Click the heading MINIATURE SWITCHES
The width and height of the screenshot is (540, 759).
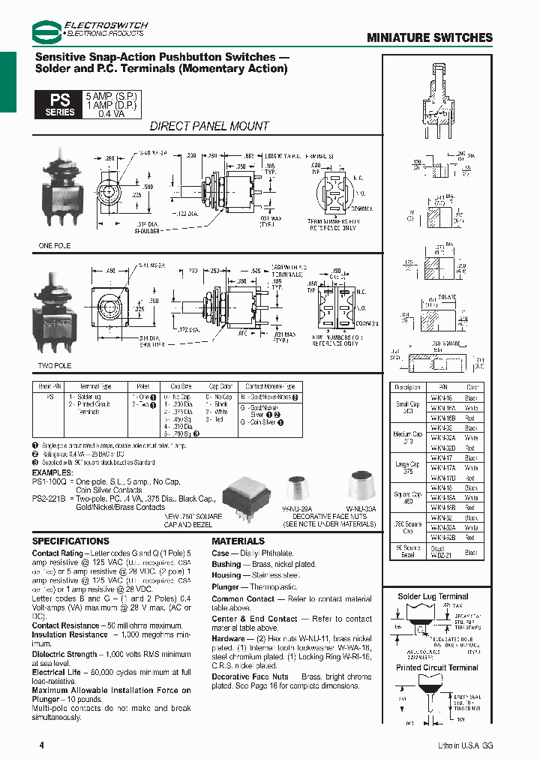pyautogui.click(x=430, y=37)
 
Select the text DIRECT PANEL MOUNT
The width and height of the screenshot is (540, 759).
pyautogui.click(x=209, y=126)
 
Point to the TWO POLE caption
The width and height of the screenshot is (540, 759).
pyautogui.click(x=55, y=366)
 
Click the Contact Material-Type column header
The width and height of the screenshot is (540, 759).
pyautogui.click(x=270, y=386)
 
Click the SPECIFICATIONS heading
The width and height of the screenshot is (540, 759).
pyautogui.click(x=70, y=541)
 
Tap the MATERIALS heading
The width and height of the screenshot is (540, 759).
pyautogui.click(x=238, y=541)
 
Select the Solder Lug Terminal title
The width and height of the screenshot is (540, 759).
pyautogui.click(x=433, y=597)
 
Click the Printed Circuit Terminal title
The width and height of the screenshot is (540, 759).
pyautogui.click(x=437, y=667)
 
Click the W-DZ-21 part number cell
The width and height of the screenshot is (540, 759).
pyautogui.click(x=439, y=553)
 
